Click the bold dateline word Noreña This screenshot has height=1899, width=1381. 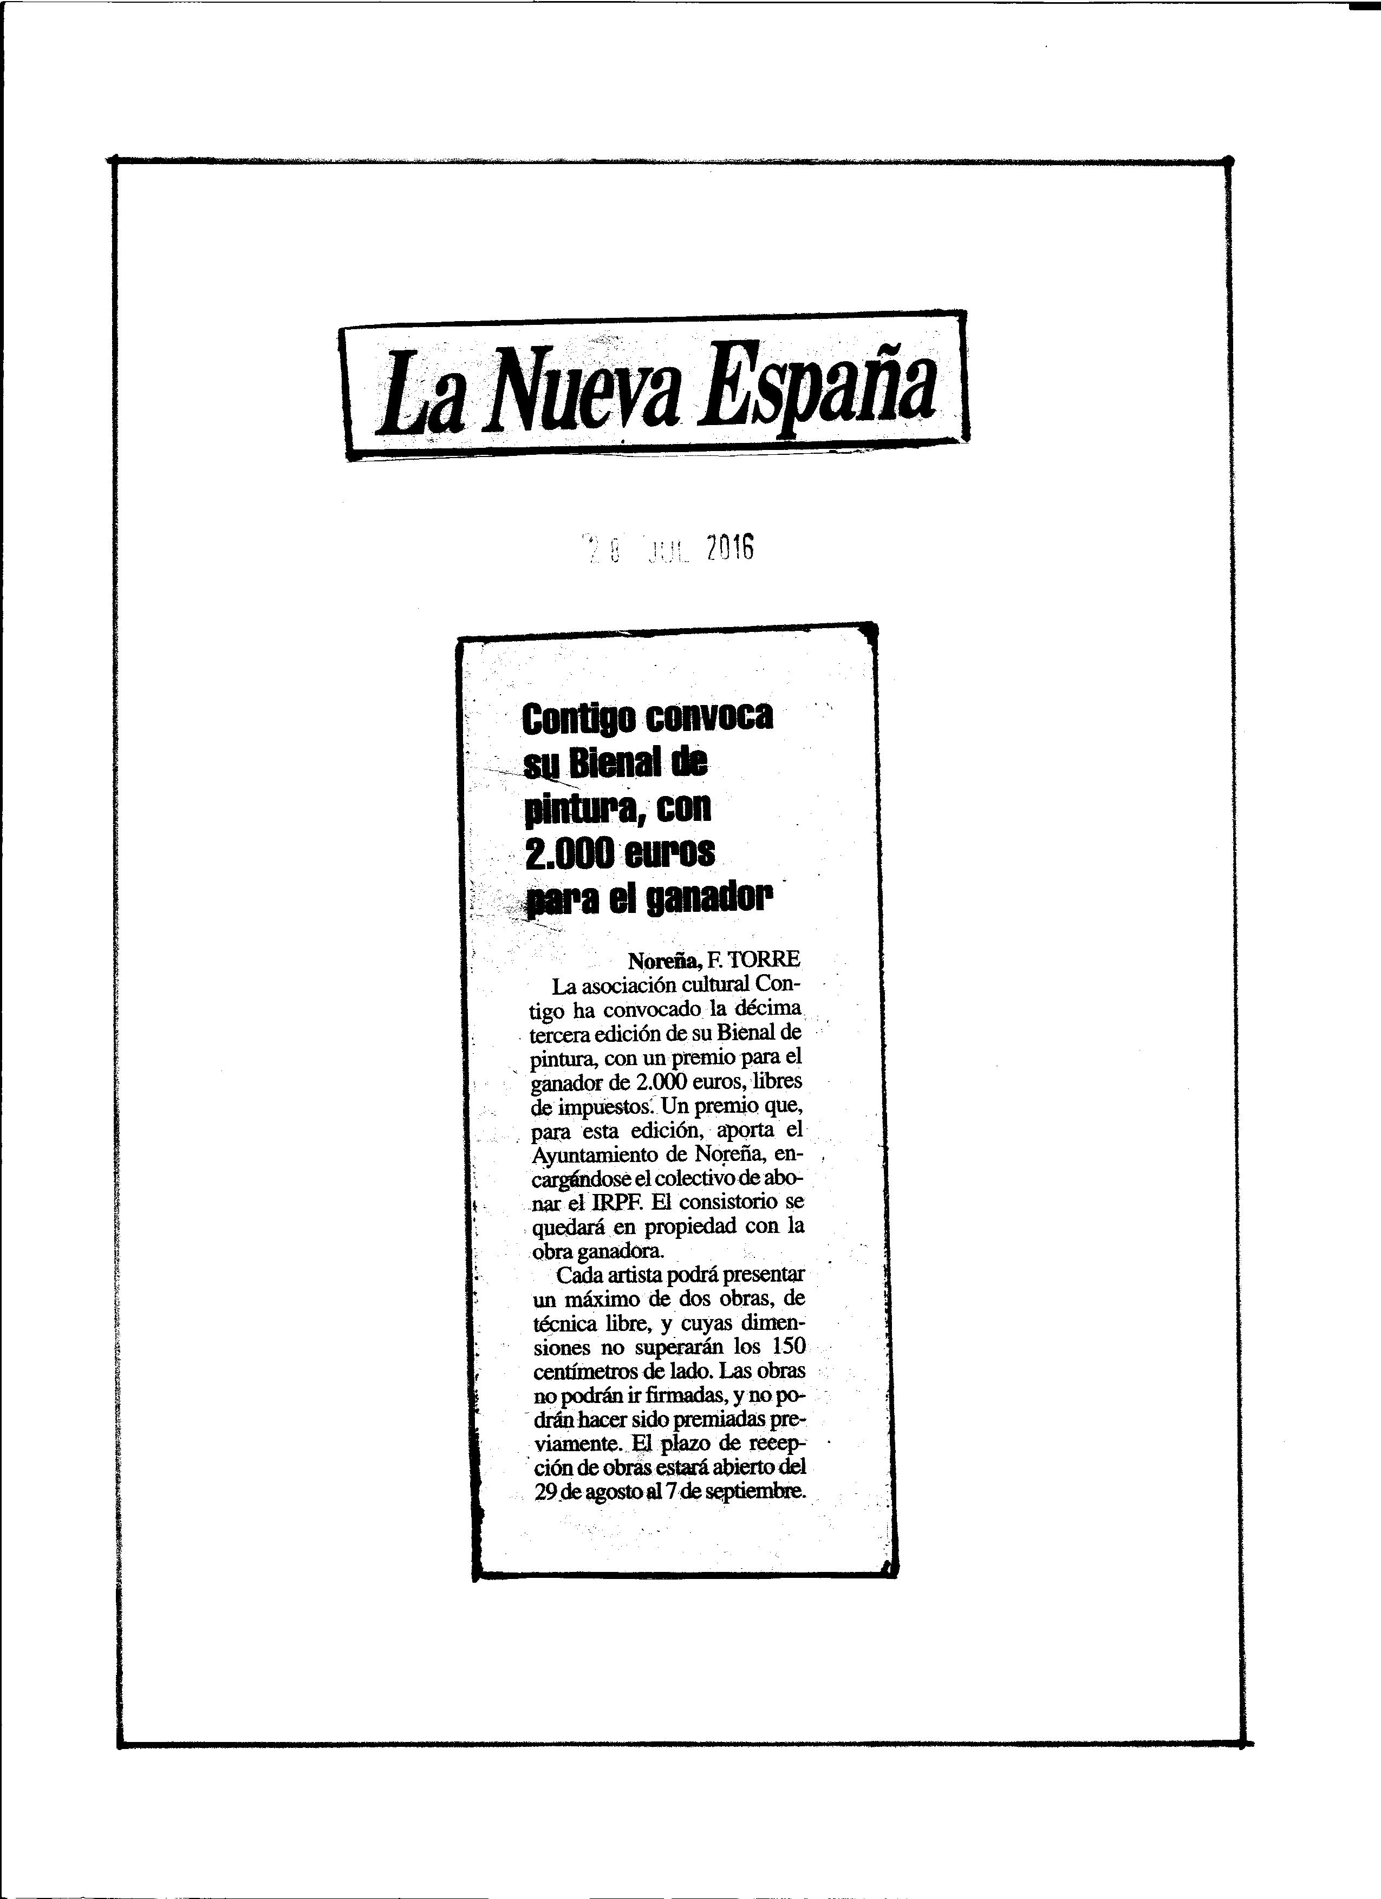[666, 961]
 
